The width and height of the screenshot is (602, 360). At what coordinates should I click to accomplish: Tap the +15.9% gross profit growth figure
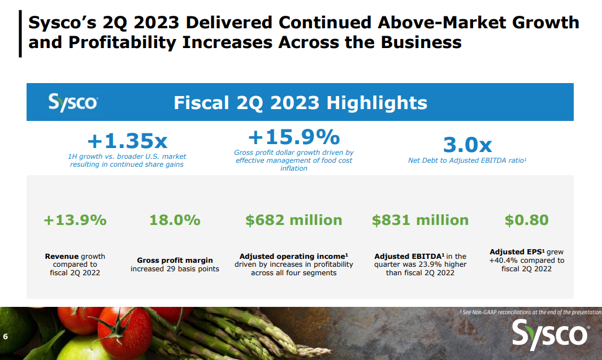[294, 137]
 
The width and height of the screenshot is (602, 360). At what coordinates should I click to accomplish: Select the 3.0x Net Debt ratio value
[467, 145]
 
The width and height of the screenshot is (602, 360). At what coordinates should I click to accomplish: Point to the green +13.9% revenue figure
[75, 220]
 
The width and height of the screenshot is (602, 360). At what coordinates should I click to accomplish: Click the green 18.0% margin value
[175, 220]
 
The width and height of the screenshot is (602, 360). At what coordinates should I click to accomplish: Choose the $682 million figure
[293, 220]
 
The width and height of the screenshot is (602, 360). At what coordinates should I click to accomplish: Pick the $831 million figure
[420, 220]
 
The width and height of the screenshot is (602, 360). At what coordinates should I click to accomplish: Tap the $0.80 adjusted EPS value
[526, 220]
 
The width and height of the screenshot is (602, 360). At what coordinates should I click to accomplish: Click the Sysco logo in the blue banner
[73, 103]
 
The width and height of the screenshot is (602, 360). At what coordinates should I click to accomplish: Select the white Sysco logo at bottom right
[550, 333]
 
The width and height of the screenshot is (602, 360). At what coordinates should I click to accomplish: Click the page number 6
[6, 337]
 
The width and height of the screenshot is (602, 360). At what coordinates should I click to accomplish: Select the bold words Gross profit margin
[175, 261]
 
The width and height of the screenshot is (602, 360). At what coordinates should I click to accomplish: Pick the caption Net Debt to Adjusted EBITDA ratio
[467, 161]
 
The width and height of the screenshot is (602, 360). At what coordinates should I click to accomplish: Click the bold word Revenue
[62, 256]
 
